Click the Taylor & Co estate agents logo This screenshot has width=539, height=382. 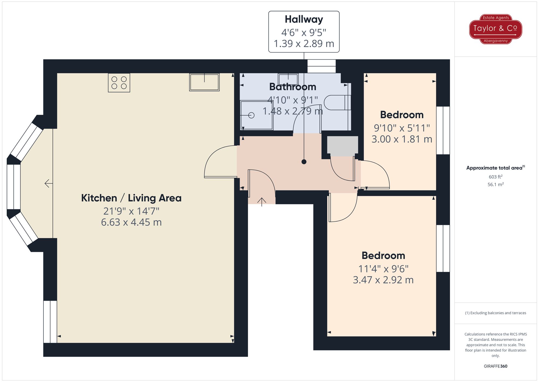495,29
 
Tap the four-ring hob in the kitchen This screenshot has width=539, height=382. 119,83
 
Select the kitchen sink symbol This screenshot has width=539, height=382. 204,82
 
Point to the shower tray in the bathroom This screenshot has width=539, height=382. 257,115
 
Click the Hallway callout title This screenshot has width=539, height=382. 304,19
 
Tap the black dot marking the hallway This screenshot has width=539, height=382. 304,162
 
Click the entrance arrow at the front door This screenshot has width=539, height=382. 262,201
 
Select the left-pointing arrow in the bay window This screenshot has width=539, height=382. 49,184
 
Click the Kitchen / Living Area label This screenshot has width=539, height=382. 131,198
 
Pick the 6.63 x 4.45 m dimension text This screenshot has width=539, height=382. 131,222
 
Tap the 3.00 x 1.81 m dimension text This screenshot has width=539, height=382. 402,139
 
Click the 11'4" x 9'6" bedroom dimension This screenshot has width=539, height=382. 383,269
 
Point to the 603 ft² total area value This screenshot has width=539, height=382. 495,177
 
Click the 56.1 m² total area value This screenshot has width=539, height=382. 495,184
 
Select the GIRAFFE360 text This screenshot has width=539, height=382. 495,366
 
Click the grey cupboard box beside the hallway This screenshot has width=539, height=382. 342,146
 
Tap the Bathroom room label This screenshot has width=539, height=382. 293,87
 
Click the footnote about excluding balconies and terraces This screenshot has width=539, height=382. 495,313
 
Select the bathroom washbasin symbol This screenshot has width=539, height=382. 288,79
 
